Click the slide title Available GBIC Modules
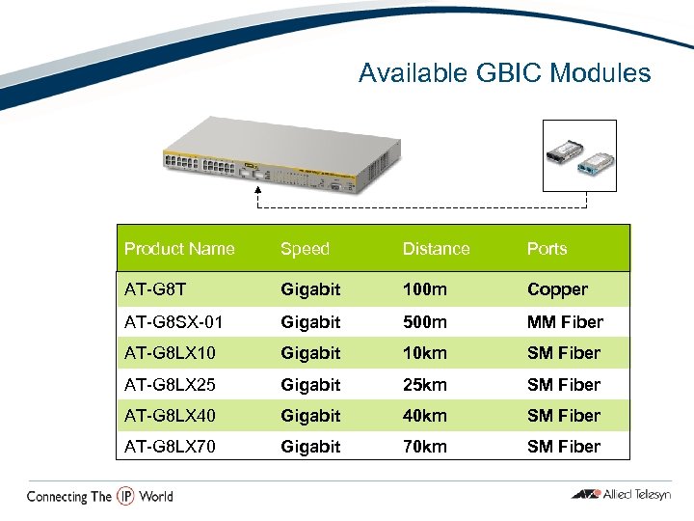(504, 73)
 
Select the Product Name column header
(179, 249)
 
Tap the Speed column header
(305, 249)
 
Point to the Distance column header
(436, 249)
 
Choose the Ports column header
(547, 249)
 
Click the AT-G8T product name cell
(154, 289)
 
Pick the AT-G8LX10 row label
(170, 353)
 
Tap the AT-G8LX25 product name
(170, 385)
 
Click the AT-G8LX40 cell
(170, 416)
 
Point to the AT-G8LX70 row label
(170, 447)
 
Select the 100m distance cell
(424, 289)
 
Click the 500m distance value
(424, 322)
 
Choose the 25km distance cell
(425, 385)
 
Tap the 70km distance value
(425, 447)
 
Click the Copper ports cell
(557, 289)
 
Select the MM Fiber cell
(565, 322)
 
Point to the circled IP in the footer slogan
(125, 496)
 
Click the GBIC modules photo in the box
(578, 155)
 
